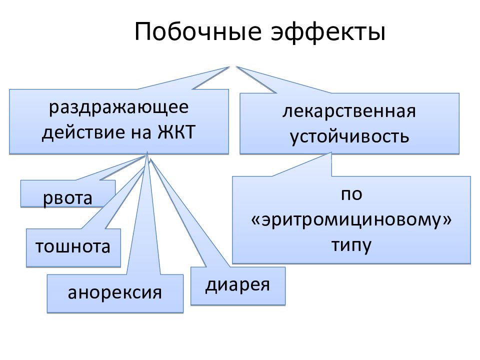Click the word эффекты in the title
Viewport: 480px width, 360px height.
coord(328,32)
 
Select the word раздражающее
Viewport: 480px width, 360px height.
coord(119,108)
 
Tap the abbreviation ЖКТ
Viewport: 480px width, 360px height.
coord(176,132)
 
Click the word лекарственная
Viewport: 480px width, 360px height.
coord(349,111)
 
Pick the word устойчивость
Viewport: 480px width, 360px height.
coord(349,136)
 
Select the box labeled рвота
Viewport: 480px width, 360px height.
coord(68,193)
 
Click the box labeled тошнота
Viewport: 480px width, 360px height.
coord(73,247)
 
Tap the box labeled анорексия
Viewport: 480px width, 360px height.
coord(115,293)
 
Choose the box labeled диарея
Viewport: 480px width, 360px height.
coord(238,286)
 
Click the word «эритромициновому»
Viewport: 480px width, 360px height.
coord(351,220)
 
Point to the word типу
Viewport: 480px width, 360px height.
coord(351,245)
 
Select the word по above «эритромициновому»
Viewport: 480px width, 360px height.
coord(351,194)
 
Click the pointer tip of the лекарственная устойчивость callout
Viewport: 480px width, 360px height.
coord(236,66)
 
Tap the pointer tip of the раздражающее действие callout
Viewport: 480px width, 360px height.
coord(229,66)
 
